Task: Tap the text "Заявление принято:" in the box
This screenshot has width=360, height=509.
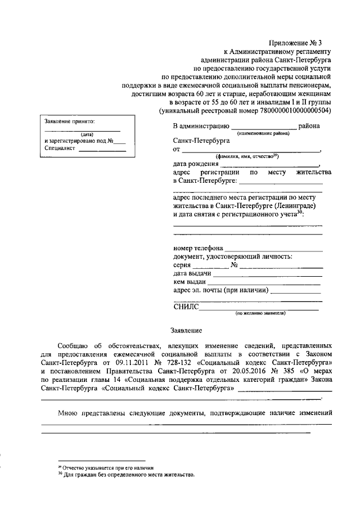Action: point(70,121)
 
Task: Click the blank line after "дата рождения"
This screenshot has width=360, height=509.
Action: point(270,165)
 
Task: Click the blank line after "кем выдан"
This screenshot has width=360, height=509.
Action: point(264,283)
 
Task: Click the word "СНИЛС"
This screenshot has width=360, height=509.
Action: point(185,307)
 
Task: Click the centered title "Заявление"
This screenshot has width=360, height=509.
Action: point(186,331)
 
